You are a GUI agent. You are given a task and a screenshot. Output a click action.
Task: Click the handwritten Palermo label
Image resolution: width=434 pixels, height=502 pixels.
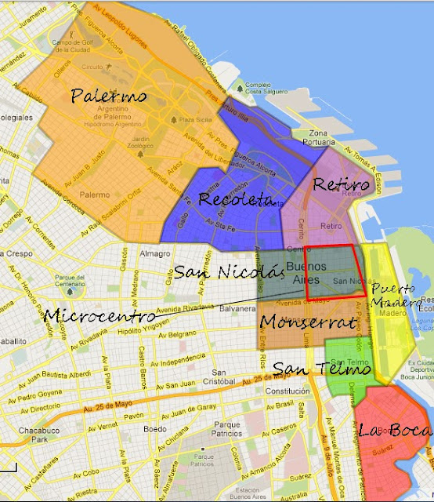coord(109,96)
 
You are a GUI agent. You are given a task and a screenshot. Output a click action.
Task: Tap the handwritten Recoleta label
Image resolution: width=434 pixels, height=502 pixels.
coord(230,198)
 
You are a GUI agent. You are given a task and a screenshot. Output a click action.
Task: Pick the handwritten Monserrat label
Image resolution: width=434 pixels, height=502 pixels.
coord(308,322)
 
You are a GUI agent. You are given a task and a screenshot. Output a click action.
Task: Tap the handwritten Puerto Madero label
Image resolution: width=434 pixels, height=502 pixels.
coord(396,295)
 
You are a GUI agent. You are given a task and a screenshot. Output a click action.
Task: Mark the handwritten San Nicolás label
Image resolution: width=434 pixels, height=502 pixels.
coord(227,272)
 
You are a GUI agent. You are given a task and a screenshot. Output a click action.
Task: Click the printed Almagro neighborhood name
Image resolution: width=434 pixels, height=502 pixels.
coord(157,254)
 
